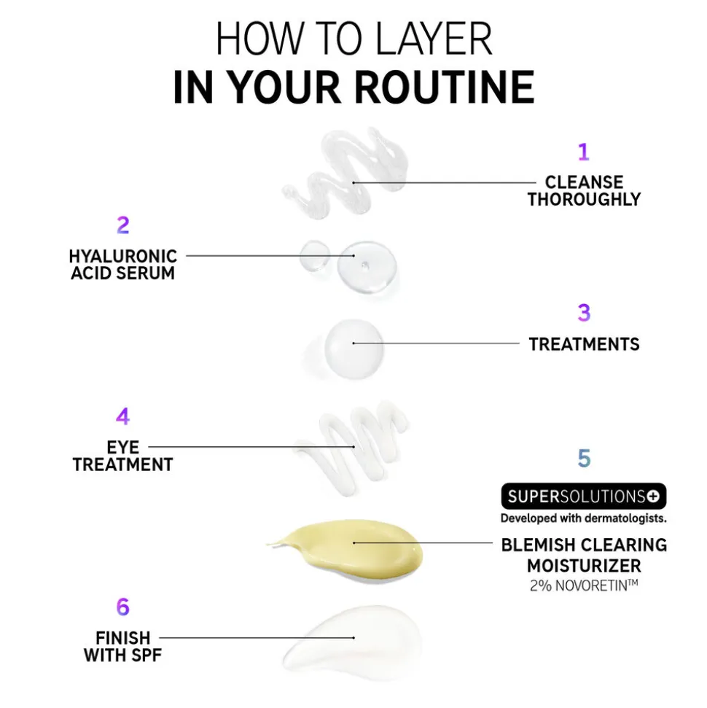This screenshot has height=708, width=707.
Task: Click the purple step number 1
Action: tap(583, 152)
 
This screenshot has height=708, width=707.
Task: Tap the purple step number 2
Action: tap(122, 225)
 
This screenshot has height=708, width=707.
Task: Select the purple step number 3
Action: tap(584, 313)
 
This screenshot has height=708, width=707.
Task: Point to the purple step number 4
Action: tap(122, 416)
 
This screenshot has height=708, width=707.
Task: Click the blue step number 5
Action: tap(584, 459)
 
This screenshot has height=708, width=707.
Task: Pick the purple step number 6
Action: tap(122, 607)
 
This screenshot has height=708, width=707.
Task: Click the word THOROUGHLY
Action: tap(585, 199)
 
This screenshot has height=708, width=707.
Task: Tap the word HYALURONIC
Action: tap(122, 256)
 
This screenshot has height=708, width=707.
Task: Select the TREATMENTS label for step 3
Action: tap(585, 344)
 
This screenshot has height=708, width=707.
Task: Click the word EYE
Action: tap(122, 447)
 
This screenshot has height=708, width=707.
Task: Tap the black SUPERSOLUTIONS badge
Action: tap(583, 497)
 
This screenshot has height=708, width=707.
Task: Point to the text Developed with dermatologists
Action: tap(583, 518)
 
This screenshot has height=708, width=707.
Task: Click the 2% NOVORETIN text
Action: tap(584, 586)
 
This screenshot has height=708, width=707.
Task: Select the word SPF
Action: tap(145, 656)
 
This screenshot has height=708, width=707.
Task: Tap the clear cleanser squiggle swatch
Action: tap(345, 174)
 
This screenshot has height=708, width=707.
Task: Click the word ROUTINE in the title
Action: tap(445, 87)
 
